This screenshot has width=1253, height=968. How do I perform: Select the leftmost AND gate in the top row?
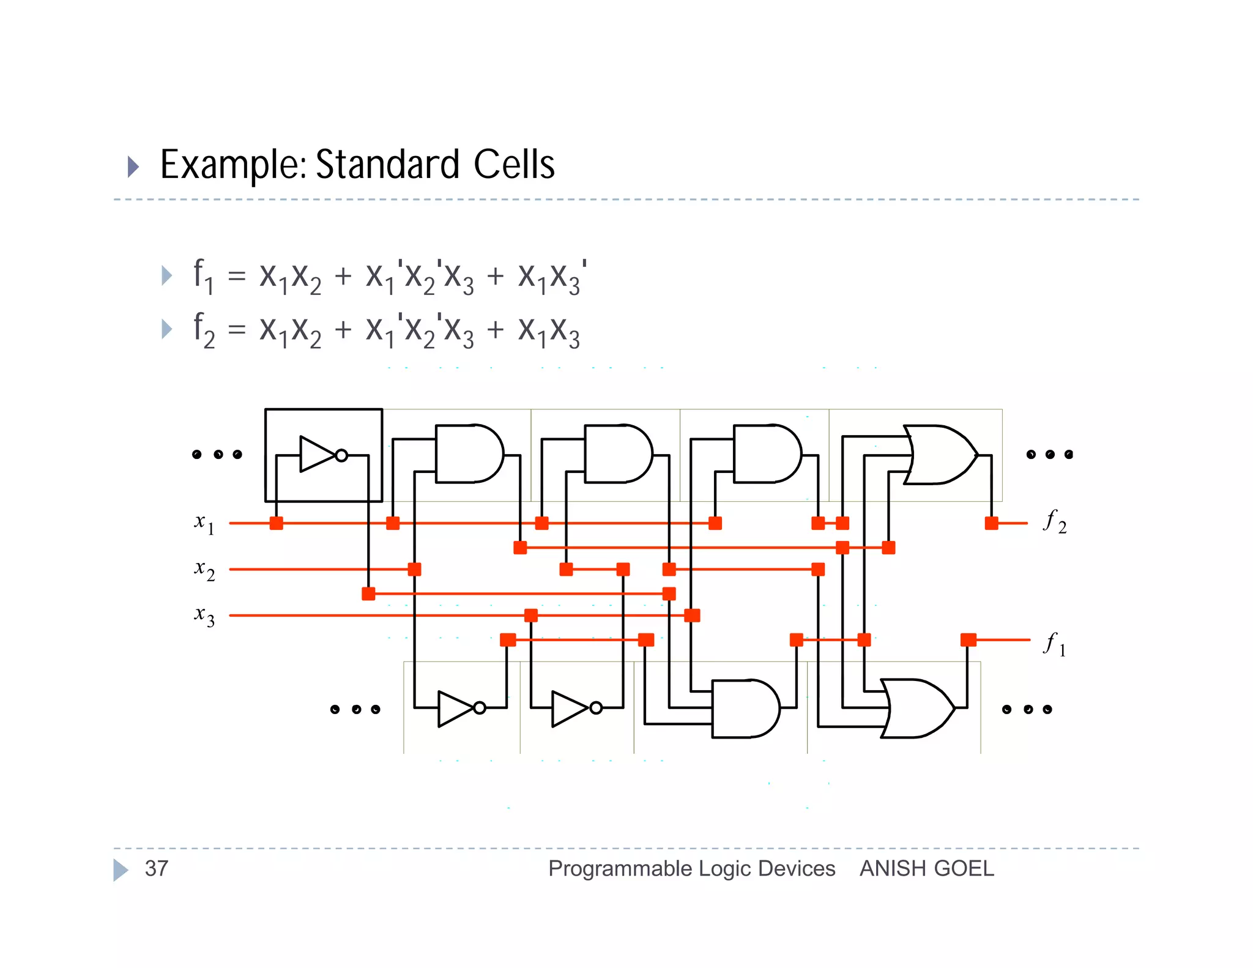[469, 454]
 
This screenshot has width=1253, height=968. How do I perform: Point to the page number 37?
[157, 868]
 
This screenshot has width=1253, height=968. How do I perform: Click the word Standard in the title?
[387, 165]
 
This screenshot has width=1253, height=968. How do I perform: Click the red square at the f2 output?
[991, 523]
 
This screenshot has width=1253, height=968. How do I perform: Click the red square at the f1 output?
[968, 640]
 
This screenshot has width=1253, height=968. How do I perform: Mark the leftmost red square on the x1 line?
[277, 523]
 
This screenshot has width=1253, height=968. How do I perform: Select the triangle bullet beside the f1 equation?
[166, 275]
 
